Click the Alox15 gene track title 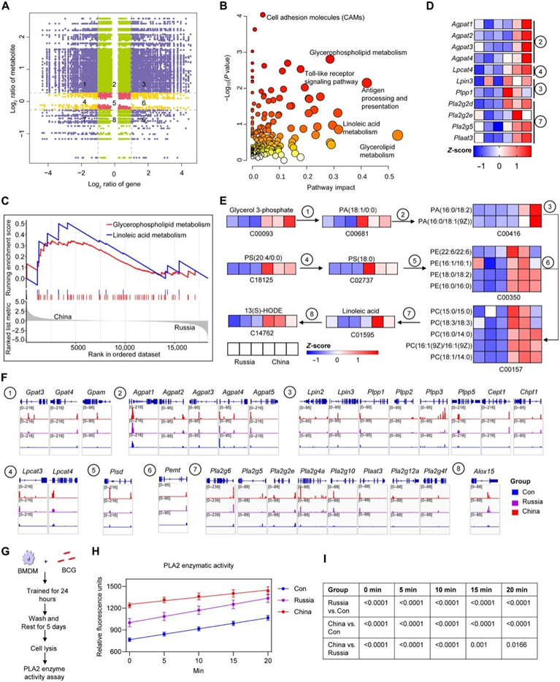click(480, 474)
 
